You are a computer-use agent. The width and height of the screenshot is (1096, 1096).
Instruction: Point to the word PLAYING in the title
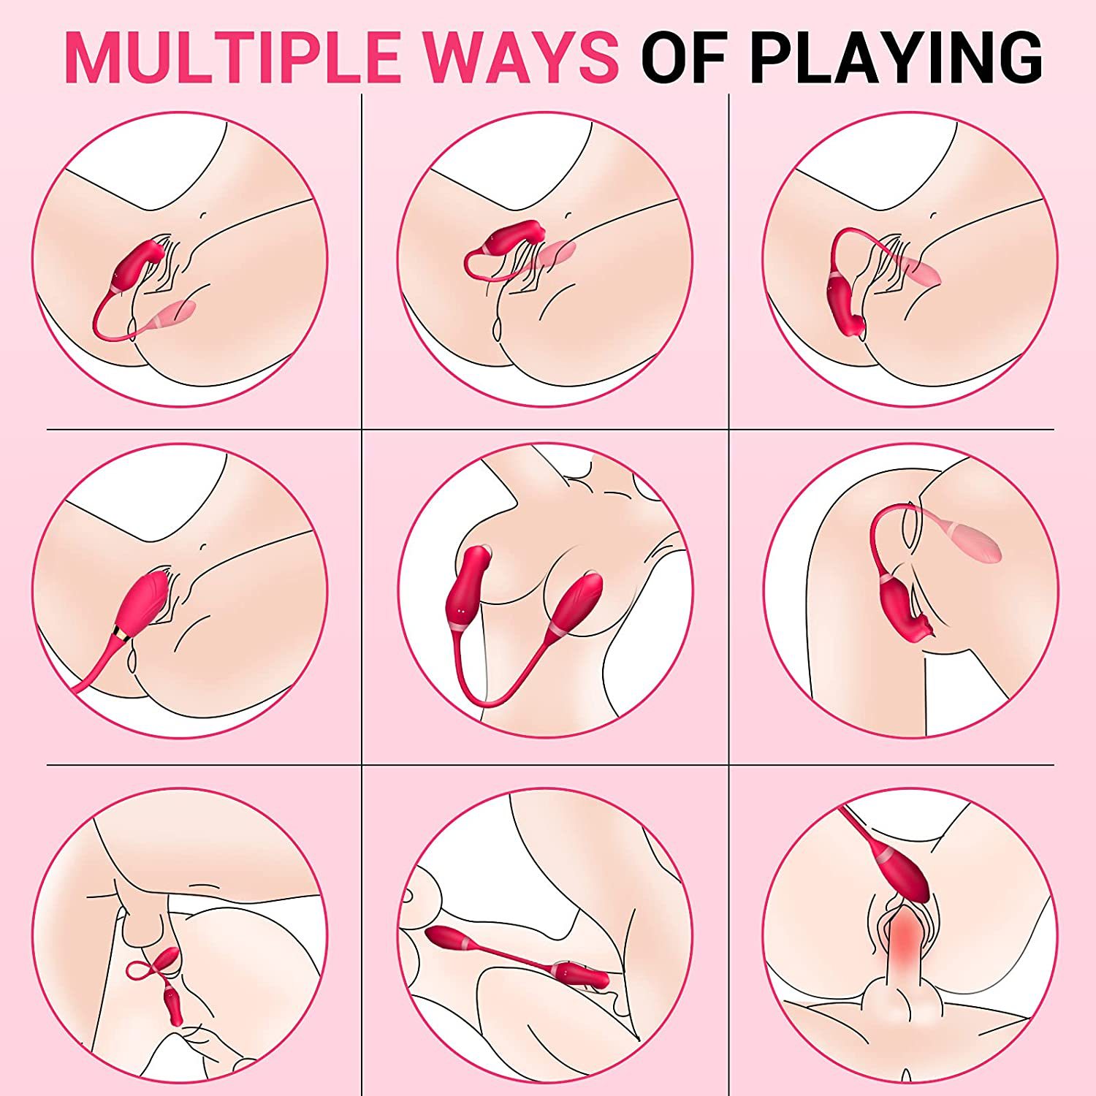(896, 56)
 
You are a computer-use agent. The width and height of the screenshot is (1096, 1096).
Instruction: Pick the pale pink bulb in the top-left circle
(176, 313)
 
